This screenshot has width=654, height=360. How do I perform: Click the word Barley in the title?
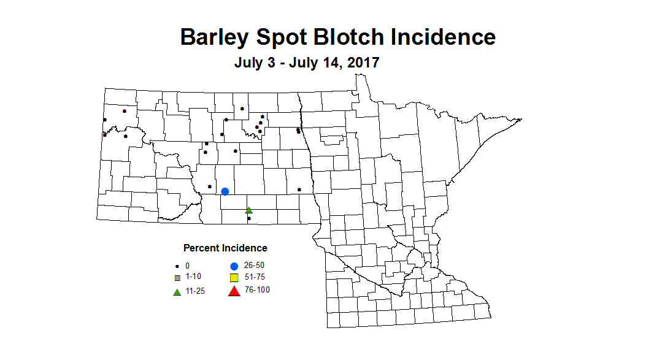click(x=215, y=37)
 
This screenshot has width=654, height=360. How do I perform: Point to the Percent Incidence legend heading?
click(x=225, y=248)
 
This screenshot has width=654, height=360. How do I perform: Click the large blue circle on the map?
click(x=225, y=191)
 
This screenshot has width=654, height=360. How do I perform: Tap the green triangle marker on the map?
click(x=249, y=210)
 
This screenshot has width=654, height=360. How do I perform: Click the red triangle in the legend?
click(x=234, y=291)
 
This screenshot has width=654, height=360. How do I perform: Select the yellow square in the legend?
click(x=234, y=278)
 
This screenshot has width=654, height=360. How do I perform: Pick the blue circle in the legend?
click(x=234, y=266)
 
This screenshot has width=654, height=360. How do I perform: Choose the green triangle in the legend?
click(x=177, y=291)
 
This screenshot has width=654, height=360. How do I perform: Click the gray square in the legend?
click(x=177, y=278)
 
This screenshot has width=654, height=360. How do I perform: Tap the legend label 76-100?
click(x=256, y=290)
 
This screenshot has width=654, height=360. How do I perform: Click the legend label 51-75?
click(x=254, y=277)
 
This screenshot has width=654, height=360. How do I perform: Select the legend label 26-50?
click(x=254, y=266)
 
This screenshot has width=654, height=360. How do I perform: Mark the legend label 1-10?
click(x=193, y=277)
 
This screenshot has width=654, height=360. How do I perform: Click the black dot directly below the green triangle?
click(x=249, y=218)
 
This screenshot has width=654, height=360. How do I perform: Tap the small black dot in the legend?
click(x=177, y=266)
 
